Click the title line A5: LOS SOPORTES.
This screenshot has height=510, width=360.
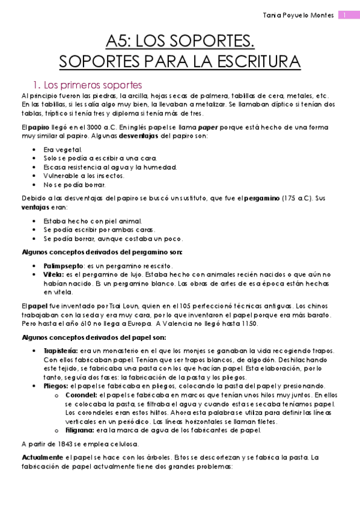tap(180, 41)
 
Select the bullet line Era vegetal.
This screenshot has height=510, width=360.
tap(63, 149)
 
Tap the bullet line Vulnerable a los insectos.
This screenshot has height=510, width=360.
tap(84, 176)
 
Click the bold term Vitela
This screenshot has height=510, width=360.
tap(53, 274)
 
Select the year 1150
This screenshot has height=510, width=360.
tap(248, 324)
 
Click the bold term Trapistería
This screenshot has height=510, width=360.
tap(61, 351)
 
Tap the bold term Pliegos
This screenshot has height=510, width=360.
tap(56, 386)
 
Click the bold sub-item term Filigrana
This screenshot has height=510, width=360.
tap(79, 431)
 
